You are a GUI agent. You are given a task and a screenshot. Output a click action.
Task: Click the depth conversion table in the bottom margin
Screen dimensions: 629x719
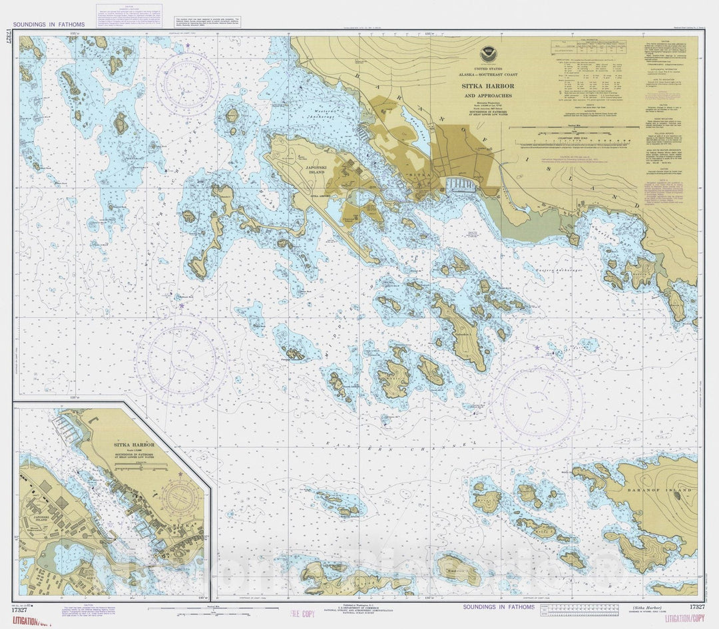point(579,612)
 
